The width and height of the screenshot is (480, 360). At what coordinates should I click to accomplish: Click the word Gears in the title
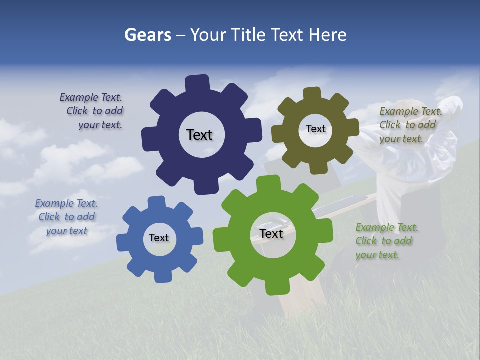point(147,35)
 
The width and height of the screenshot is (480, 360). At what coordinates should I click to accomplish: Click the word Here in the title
point(327,35)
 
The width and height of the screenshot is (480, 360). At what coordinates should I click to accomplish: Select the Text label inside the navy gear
point(199,135)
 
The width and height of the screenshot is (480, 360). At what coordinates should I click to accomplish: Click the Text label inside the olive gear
point(315,129)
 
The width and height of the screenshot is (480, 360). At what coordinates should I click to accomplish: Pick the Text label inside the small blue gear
point(159,238)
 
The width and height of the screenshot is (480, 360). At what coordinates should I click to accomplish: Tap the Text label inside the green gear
point(271,233)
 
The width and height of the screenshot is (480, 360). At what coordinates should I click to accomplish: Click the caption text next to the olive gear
point(410,125)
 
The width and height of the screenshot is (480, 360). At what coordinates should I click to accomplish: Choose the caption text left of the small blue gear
point(66,217)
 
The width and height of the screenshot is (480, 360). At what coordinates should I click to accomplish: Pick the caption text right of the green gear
point(386,241)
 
